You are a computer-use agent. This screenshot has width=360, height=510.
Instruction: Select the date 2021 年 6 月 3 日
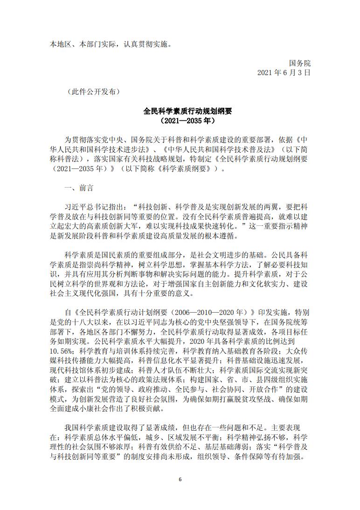pyautogui.click(x=284, y=73)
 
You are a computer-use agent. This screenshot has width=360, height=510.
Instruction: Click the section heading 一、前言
pyautogui.click(x=79, y=188)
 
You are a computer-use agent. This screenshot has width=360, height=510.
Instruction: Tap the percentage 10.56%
pyautogui.click(x=61, y=350)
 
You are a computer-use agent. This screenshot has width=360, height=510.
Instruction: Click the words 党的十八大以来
pyautogui.click(x=83, y=321)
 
